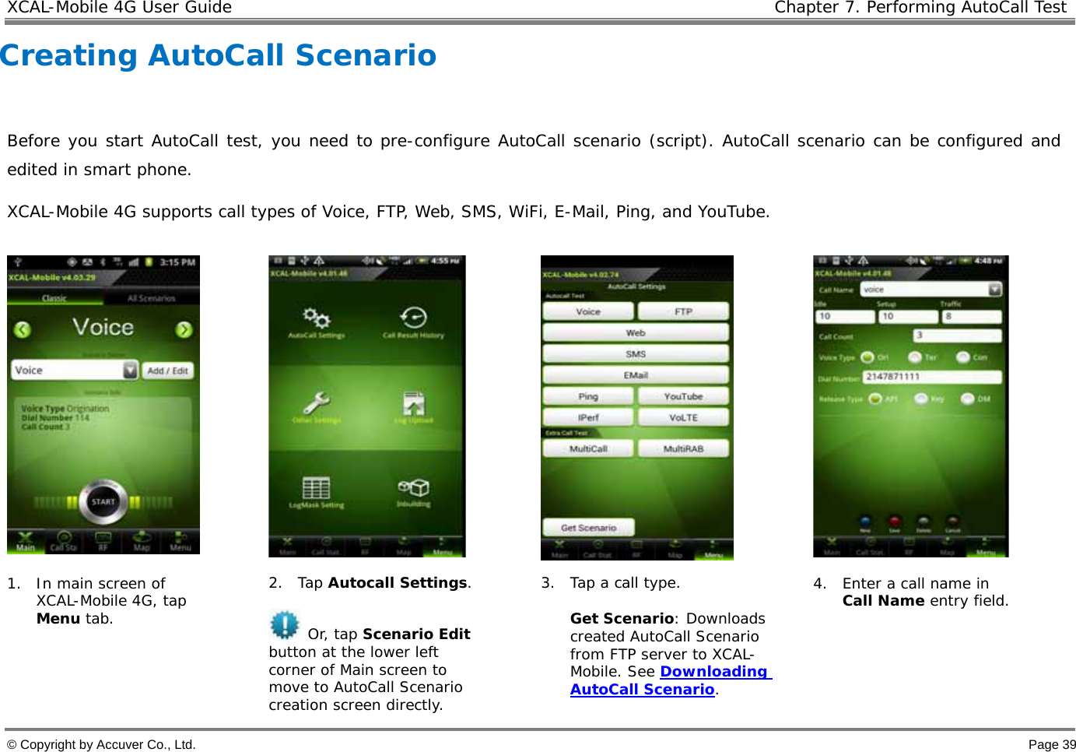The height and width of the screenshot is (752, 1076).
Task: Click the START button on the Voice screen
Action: (103, 501)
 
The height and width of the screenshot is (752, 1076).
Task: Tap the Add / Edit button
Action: (167, 371)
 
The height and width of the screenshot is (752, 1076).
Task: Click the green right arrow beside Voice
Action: (184, 329)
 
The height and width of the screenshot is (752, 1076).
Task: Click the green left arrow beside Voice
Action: (23, 329)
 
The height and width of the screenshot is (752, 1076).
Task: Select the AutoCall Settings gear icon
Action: (317, 318)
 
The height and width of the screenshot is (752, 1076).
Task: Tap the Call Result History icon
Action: (413, 318)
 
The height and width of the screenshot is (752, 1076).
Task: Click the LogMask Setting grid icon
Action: (316, 489)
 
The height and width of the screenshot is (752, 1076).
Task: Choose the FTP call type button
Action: (683, 311)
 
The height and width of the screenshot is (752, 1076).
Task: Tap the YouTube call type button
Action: (683, 396)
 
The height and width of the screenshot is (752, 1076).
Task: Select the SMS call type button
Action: (636, 353)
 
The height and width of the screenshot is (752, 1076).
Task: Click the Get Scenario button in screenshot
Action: (588, 528)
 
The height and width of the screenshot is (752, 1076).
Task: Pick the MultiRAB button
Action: (683, 448)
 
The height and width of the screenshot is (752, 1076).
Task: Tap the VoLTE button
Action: (683, 417)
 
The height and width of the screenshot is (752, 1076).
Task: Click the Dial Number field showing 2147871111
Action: (931, 377)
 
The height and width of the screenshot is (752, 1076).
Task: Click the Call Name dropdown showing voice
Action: (931, 290)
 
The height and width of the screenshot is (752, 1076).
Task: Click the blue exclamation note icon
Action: (284, 625)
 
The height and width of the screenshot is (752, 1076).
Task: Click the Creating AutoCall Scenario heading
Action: (219, 55)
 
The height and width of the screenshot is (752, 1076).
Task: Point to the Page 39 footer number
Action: (1052, 744)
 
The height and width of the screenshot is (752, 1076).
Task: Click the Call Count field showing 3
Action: (956, 336)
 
